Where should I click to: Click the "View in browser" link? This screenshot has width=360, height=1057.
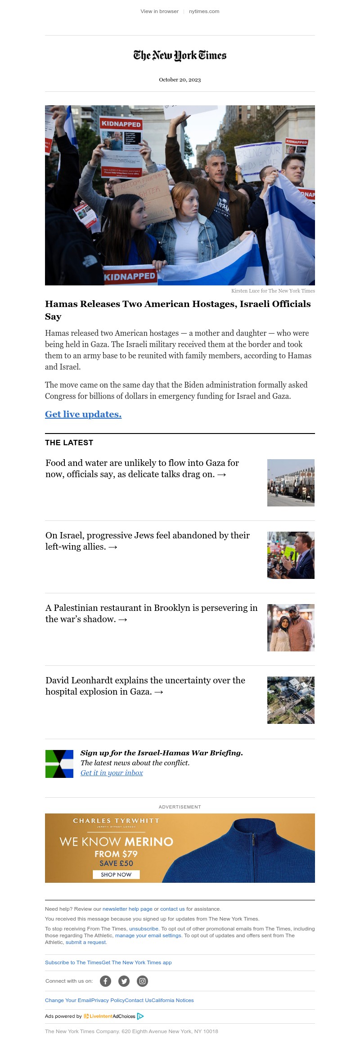(x=159, y=11)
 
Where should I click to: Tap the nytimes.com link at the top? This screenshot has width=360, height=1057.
(x=204, y=11)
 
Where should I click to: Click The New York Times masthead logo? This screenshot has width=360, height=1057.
(x=180, y=55)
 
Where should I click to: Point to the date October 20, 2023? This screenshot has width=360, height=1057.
(x=180, y=80)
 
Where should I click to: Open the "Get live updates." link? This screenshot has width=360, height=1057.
(x=83, y=414)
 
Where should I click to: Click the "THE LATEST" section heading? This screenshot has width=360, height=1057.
(x=69, y=443)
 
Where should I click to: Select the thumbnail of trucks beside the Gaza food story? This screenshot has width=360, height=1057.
(x=291, y=483)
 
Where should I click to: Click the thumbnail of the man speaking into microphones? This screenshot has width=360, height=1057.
(x=291, y=555)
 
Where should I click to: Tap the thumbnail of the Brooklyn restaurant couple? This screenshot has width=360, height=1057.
(x=291, y=628)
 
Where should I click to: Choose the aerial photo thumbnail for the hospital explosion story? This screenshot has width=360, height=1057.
(x=291, y=700)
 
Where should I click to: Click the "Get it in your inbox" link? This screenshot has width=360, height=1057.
(x=112, y=773)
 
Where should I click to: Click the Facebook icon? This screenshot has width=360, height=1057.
(x=105, y=981)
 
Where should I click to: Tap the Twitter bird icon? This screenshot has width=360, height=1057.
(x=124, y=981)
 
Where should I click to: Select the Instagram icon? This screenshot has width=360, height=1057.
(x=142, y=981)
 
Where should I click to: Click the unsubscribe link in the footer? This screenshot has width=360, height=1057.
(x=144, y=929)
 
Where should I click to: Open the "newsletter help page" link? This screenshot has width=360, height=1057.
(x=127, y=909)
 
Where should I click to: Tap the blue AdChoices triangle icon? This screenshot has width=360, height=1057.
(x=140, y=1016)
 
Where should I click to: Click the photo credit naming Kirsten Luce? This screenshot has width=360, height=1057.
(x=273, y=291)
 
